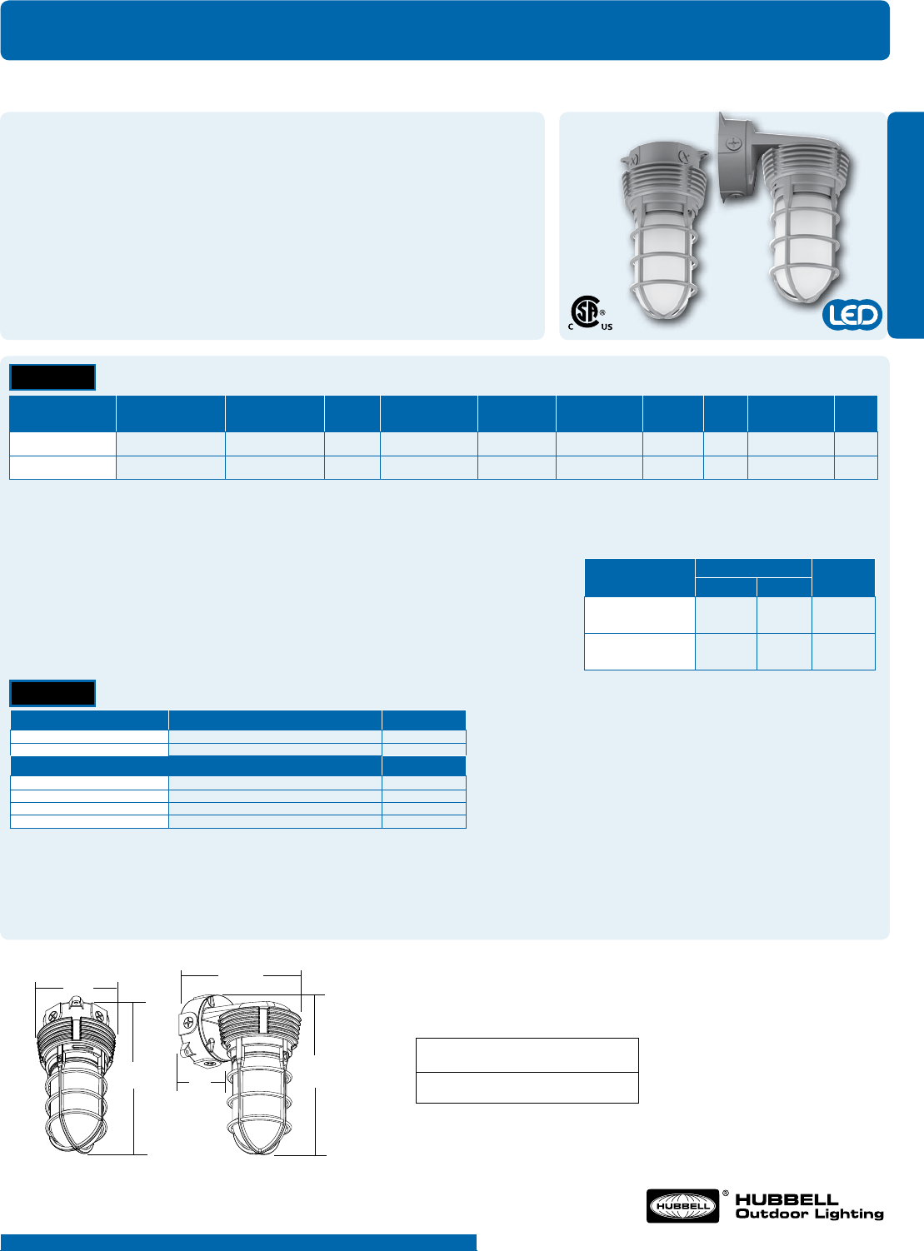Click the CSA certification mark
[x=587, y=312]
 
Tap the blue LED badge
[x=852, y=315]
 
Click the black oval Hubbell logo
[x=682, y=1206]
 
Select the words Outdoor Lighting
[x=809, y=1214]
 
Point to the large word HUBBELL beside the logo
[x=787, y=1199]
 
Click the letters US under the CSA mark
[x=607, y=327]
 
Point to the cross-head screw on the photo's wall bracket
[x=732, y=143]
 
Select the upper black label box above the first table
[x=52, y=377]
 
